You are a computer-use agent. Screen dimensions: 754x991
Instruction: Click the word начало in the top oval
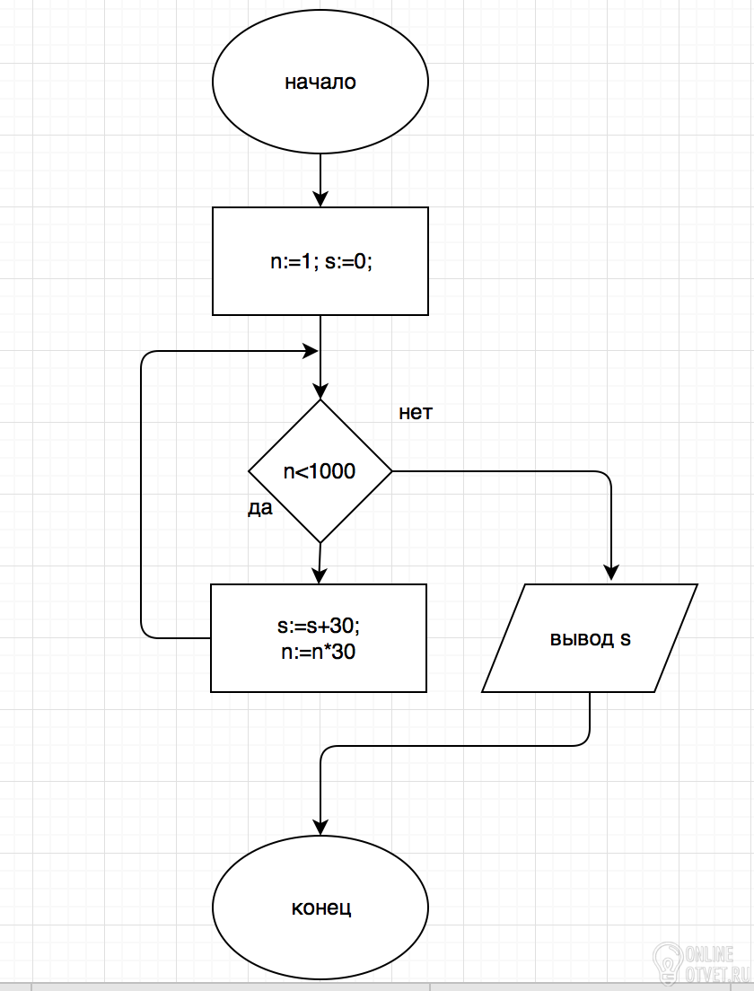pyautogui.click(x=320, y=83)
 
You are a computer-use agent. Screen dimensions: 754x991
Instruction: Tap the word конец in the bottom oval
pyautogui.click(x=321, y=908)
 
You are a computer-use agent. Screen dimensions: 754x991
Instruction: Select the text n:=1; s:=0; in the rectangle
pyautogui.click(x=321, y=261)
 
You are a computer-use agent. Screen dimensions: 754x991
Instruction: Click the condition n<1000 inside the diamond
pyautogui.click(x=320, y=471)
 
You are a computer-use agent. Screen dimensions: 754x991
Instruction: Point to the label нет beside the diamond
pyautogui.click(x=416, y=413)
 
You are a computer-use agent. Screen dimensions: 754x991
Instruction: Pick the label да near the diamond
pyautogui.click(x=259, y=508)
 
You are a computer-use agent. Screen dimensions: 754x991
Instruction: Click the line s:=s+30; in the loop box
pyautogui.click(x=319, y=626)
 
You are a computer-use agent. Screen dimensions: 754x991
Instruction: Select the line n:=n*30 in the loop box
pyautogui.click(x=319, y=652)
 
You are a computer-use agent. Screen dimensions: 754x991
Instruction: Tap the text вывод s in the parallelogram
pyautogui.click(x=591, y=638)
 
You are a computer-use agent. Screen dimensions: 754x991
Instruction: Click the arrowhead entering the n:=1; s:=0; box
pyautogui.click(x=320, y=198)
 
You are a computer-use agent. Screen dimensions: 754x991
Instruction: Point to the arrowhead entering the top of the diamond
pyautogui.click(x=320, y=390)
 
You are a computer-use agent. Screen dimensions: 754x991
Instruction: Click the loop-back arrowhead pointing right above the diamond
pyautogui.click(x=311, y=351)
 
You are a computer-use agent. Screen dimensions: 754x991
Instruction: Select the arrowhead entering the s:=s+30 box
pyautogui.click(x=320, y=575)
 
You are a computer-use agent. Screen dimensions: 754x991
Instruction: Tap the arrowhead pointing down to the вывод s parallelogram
pyautogui.click(x=611, y=573)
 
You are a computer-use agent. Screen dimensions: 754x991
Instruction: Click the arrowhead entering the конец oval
pyautogui.click(x=320, y=827)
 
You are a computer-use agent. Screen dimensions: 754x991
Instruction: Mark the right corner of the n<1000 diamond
pyautogui.click(x=392, y=471)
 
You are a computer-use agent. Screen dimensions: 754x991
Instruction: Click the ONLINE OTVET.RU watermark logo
pyautogui.click(x=693, y=964)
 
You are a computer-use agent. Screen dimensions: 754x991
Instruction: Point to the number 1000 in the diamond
pyautogui.click(x=333, y=471)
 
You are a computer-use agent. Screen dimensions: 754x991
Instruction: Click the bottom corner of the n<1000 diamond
pyautogui.click(x=320, y=542)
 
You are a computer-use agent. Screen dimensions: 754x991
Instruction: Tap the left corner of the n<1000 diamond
pyautogui.click(x=249, y=471)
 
